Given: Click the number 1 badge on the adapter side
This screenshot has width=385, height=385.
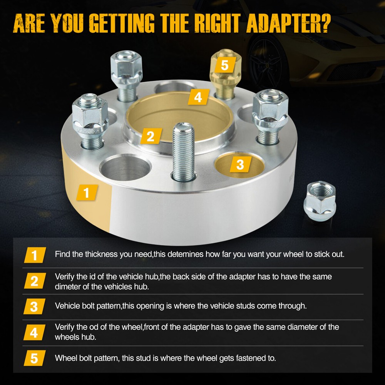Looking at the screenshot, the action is click(87, 192).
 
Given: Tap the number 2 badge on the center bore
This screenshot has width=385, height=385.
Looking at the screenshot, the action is click(151, 136).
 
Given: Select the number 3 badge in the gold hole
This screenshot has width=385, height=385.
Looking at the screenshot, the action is click(240, 164).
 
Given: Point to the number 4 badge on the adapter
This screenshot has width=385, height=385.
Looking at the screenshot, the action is click(198, 97).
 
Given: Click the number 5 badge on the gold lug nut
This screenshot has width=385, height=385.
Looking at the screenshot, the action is click(225, 65).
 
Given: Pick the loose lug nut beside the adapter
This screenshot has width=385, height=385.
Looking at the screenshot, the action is click(320, 201).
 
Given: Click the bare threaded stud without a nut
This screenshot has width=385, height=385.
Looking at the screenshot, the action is click(183, 152).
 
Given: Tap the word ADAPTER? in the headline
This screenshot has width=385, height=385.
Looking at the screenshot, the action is click(288, 23).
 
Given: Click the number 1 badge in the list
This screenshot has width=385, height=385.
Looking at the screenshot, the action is click(35, 255).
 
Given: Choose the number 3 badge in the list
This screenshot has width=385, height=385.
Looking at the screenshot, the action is click(34, 306).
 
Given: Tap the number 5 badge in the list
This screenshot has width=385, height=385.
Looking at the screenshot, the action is click(34, 358).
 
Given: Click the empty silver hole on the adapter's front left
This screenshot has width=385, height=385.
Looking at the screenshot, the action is click(125, 167).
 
